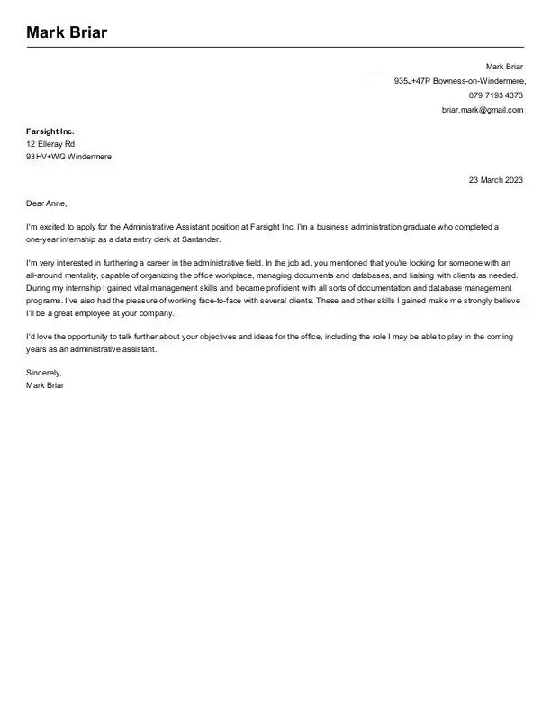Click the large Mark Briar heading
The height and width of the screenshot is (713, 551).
pyautogui.click(x=67, y=33)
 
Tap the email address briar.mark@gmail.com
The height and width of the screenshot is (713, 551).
pyautogui.click(x=482, y=110)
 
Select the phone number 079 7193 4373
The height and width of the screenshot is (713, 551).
pyautogui.click(x=495, y=95)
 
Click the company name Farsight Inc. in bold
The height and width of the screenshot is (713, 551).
pyautogui.click(x=50, y=131)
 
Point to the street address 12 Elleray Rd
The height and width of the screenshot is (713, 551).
pyautogui.click(x=50, y=144)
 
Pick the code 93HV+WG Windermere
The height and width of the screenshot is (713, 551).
pyautogui.click(x=69, y=157)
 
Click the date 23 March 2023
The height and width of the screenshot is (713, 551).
pyautogui.click(x=495, y=180)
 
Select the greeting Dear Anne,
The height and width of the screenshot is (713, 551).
pyautogui.click(x=47, y=203)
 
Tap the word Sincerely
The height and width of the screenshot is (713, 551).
pyautogui.click(x=44, y=372)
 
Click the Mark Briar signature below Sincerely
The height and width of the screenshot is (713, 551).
pyautogui.click(x=46, y=384)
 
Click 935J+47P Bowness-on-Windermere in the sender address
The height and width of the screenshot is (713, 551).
pyautogui.click(x=459, y=81)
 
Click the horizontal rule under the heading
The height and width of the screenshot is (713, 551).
pyautogui.click(x=275, y=47)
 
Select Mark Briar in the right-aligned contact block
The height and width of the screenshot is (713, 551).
pyautogui.click(x=504, y=67)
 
